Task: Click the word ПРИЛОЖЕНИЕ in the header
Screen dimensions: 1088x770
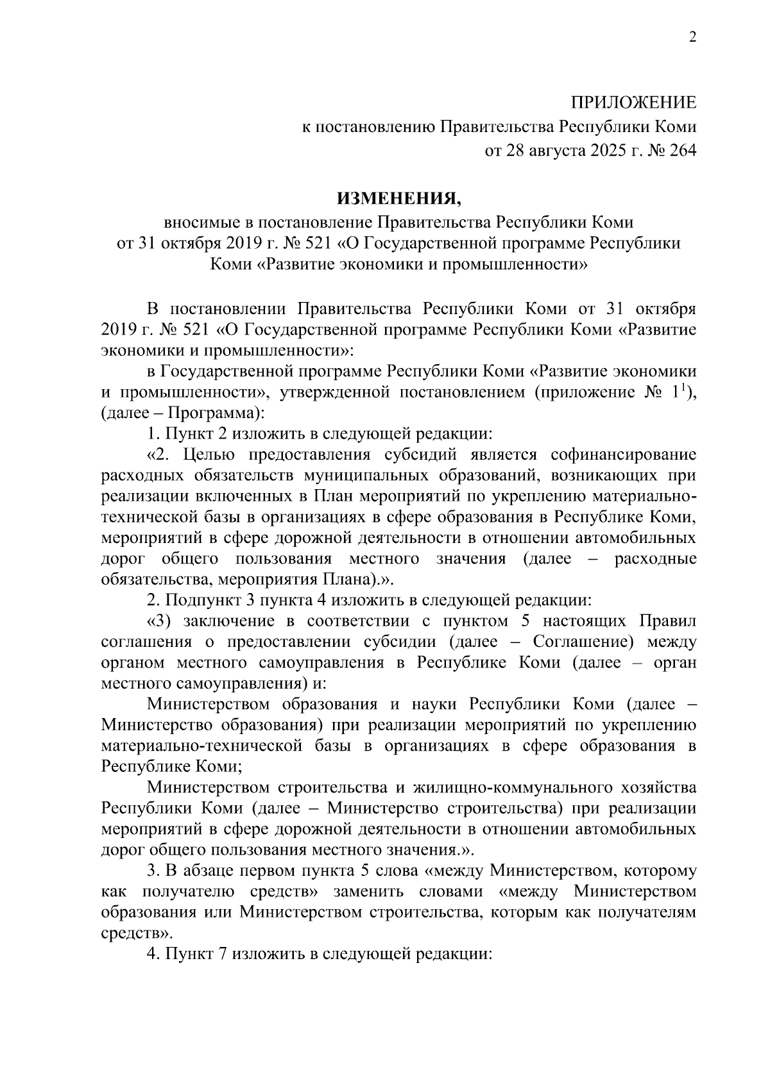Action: pos(633,103)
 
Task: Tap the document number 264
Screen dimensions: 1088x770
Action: pos(681,151)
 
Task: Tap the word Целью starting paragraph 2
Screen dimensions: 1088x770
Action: pos(209,455)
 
